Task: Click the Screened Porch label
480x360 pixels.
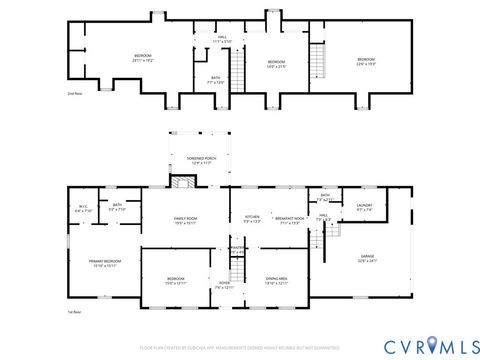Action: click(196, 160)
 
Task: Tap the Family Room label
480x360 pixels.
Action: click(186, 221)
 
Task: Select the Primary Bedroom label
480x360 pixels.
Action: click(104, 264)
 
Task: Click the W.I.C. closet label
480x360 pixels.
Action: click(83, 209)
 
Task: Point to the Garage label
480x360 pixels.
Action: click(368, 259)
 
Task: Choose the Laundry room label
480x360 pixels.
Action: click(364, 207)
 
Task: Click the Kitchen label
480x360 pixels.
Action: click(252, 219)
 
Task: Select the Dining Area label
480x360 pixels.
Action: click(277, 281)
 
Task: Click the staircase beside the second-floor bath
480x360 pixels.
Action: click(238, 70)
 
